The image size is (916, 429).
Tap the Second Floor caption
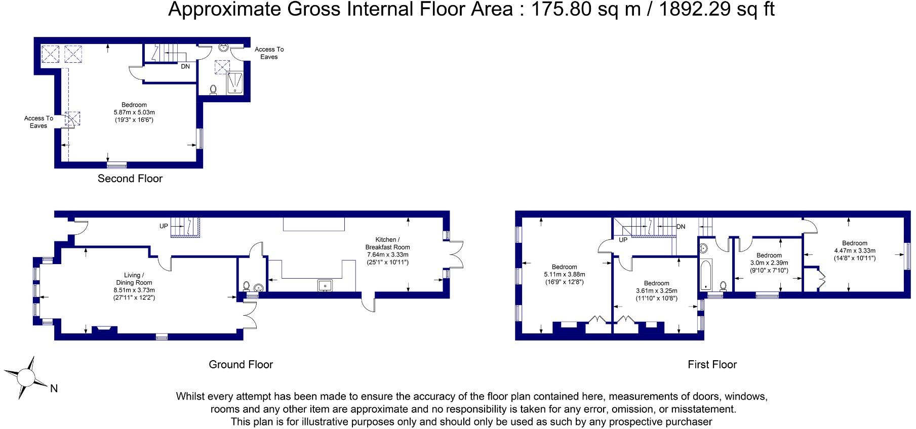pyautogui.click(x=130, y=179)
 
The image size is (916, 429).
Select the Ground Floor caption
pyautogui.click(x=241, y=365)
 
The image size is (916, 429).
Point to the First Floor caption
pyautogui.click(x=712, y=365)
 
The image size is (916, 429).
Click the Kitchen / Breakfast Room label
pyautogui.click(x=387, y=243)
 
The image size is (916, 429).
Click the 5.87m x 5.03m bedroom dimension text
pyautogui.click(x=134, y=112)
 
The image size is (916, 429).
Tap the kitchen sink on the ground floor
pyautogui.click(x=324, y=286)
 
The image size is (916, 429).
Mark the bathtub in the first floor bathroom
pyautogui.click(x=706, y=275)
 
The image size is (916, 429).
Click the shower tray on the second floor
pyautogui.click(x=235, y=82)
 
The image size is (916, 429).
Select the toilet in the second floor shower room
pyautogui.click(x=213, y=90)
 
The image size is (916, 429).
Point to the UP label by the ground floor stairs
pyautogui.click(x=164, y=226)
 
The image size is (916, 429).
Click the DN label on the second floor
pyautogui.click(x=185, y=66)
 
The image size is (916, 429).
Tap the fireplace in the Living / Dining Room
pyautogui.click(x=104, y=330)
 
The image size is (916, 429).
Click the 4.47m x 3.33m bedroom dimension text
pyautogui.click(x=855, y=250)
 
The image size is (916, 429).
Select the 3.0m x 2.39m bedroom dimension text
pyautogui.click(x=769, y=263)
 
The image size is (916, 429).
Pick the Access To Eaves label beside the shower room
pyautogui.click(x=269, y=53)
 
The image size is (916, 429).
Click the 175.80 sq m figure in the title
pyautogui.click(x=585, y=9)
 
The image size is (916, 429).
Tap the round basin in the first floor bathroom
pyautogui.click(x=703, y=248)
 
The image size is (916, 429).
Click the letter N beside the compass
pyautogui.click(x=54, y=389)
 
